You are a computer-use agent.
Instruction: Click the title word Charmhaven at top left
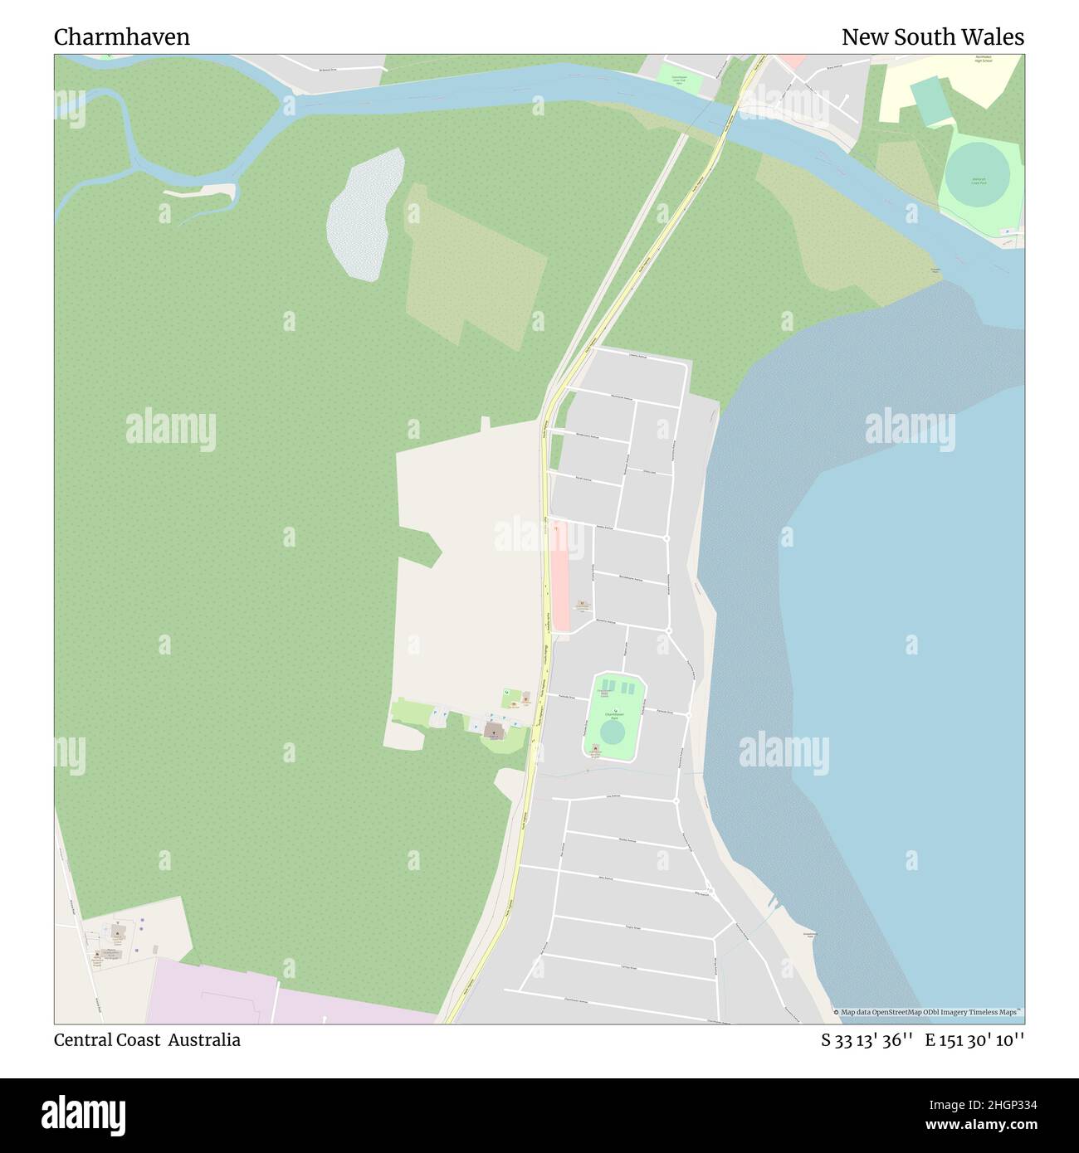122,37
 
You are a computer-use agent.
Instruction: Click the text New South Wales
932,37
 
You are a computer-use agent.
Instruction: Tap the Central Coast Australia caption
147,1040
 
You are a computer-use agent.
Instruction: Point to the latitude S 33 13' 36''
867,1040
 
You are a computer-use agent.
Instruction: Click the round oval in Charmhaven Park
613,733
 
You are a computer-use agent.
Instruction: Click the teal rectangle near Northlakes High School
930,100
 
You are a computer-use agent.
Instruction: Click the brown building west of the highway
494,730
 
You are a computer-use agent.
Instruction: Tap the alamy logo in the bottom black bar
83,1113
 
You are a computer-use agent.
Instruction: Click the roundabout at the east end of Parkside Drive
689,713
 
